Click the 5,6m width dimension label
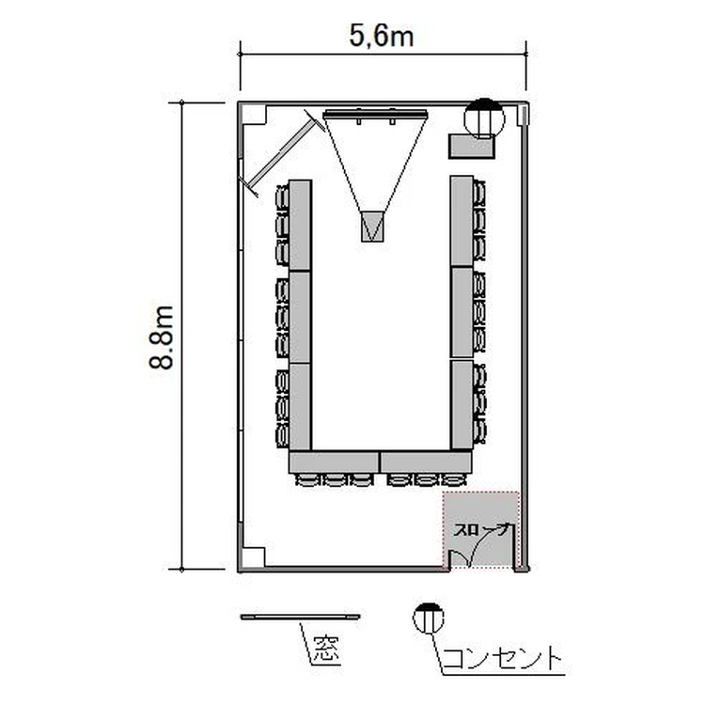[x=382, y=36]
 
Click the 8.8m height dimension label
[x=162, y=337]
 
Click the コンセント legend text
[x=503, y=659]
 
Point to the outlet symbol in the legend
[x=429, y=618]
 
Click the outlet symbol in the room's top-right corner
[x=484, y=118]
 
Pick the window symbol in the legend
[x=301, y=617]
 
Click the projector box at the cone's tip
[x=372, y=227]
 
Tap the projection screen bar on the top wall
[x=375, y=114]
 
